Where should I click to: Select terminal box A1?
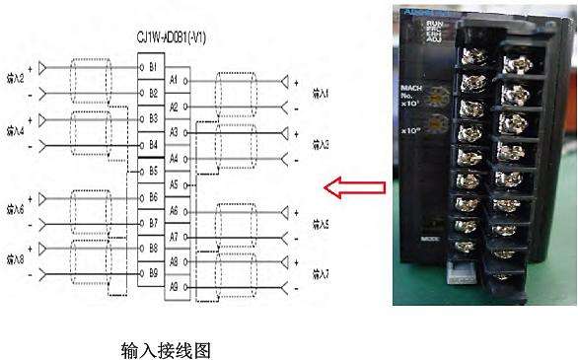[175, 79]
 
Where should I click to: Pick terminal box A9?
[175, 287]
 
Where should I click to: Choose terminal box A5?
[175, 184]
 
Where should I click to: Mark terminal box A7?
[175, 237]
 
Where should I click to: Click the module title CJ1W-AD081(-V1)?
[179, 37]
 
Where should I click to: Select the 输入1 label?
[321, 93]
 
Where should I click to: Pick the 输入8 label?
[16, 259]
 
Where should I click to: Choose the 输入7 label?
[321, 274]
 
